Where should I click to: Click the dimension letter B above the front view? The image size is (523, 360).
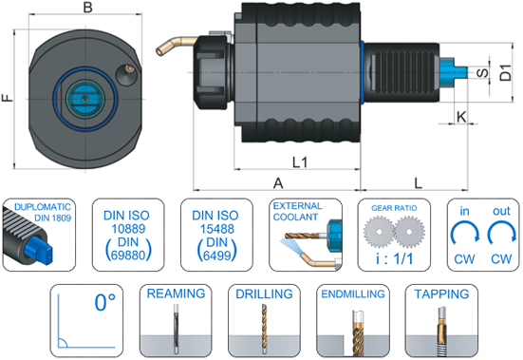point(87,7)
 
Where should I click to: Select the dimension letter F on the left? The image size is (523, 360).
point(8,98)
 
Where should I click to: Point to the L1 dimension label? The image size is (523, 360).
point(300,162)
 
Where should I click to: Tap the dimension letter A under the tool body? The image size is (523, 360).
point(278,183)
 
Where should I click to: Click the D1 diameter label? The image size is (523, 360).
point(506,73)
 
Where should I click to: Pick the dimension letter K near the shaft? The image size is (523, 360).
point(461,117)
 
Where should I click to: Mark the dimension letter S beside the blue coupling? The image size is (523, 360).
point(482,73)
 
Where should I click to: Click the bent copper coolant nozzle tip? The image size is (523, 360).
point(160,50)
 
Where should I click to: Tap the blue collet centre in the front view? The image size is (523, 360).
point(85,99)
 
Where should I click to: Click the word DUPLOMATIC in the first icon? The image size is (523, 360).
point(43,207)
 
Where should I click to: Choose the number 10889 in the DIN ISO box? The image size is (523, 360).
point(128,229)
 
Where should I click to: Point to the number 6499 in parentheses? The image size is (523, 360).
point(216,256)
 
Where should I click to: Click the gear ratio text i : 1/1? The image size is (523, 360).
point(394,258)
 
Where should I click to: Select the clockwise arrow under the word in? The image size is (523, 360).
point(465,234)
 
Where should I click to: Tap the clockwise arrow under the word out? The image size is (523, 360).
point(502,234)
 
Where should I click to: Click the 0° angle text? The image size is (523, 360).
point(105,302)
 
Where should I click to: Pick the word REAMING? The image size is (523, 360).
point(176,294)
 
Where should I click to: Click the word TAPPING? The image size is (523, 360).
point(441,294)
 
